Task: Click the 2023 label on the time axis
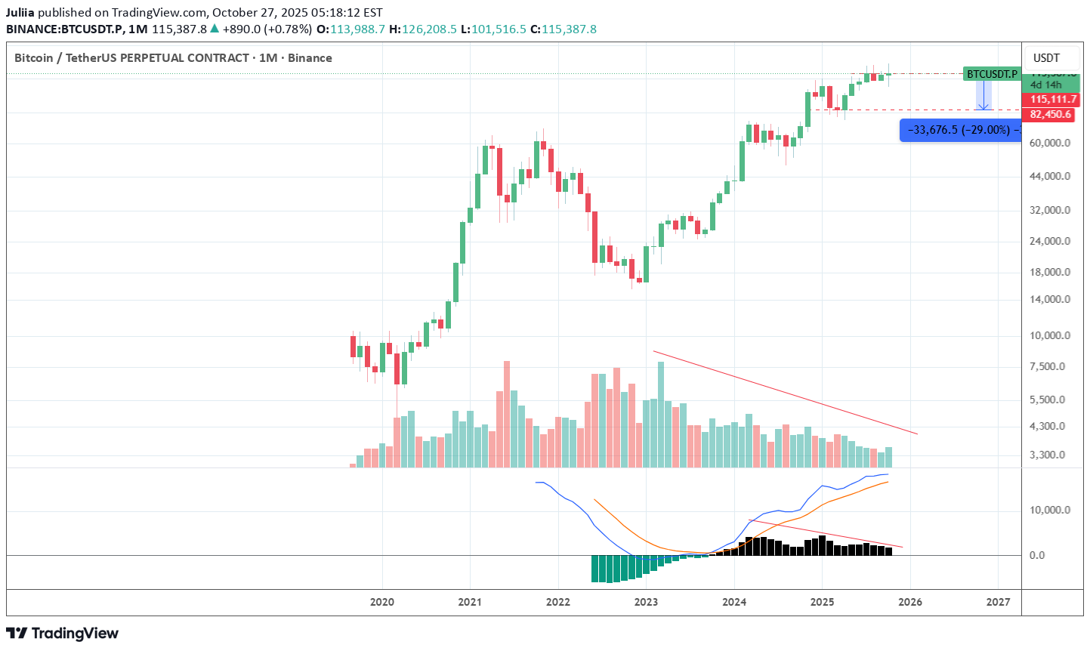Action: point(646,602)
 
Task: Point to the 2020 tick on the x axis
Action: point(382,602)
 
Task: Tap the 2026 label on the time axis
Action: point(910,602)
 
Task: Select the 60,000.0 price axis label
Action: point(1050,143)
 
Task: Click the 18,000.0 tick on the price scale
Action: point(1050,272)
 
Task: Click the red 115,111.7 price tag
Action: point(1052,100)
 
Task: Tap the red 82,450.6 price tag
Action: point(1050,114)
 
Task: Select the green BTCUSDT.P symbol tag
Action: point(992,74)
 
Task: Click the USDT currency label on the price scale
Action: point(1046,58)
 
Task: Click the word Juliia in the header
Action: point(20,13)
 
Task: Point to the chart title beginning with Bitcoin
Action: point(173,58)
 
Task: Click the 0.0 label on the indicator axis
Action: point(1037,555)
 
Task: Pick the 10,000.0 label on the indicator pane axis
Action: point(1050,510)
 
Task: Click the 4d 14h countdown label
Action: point(1046,85)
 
